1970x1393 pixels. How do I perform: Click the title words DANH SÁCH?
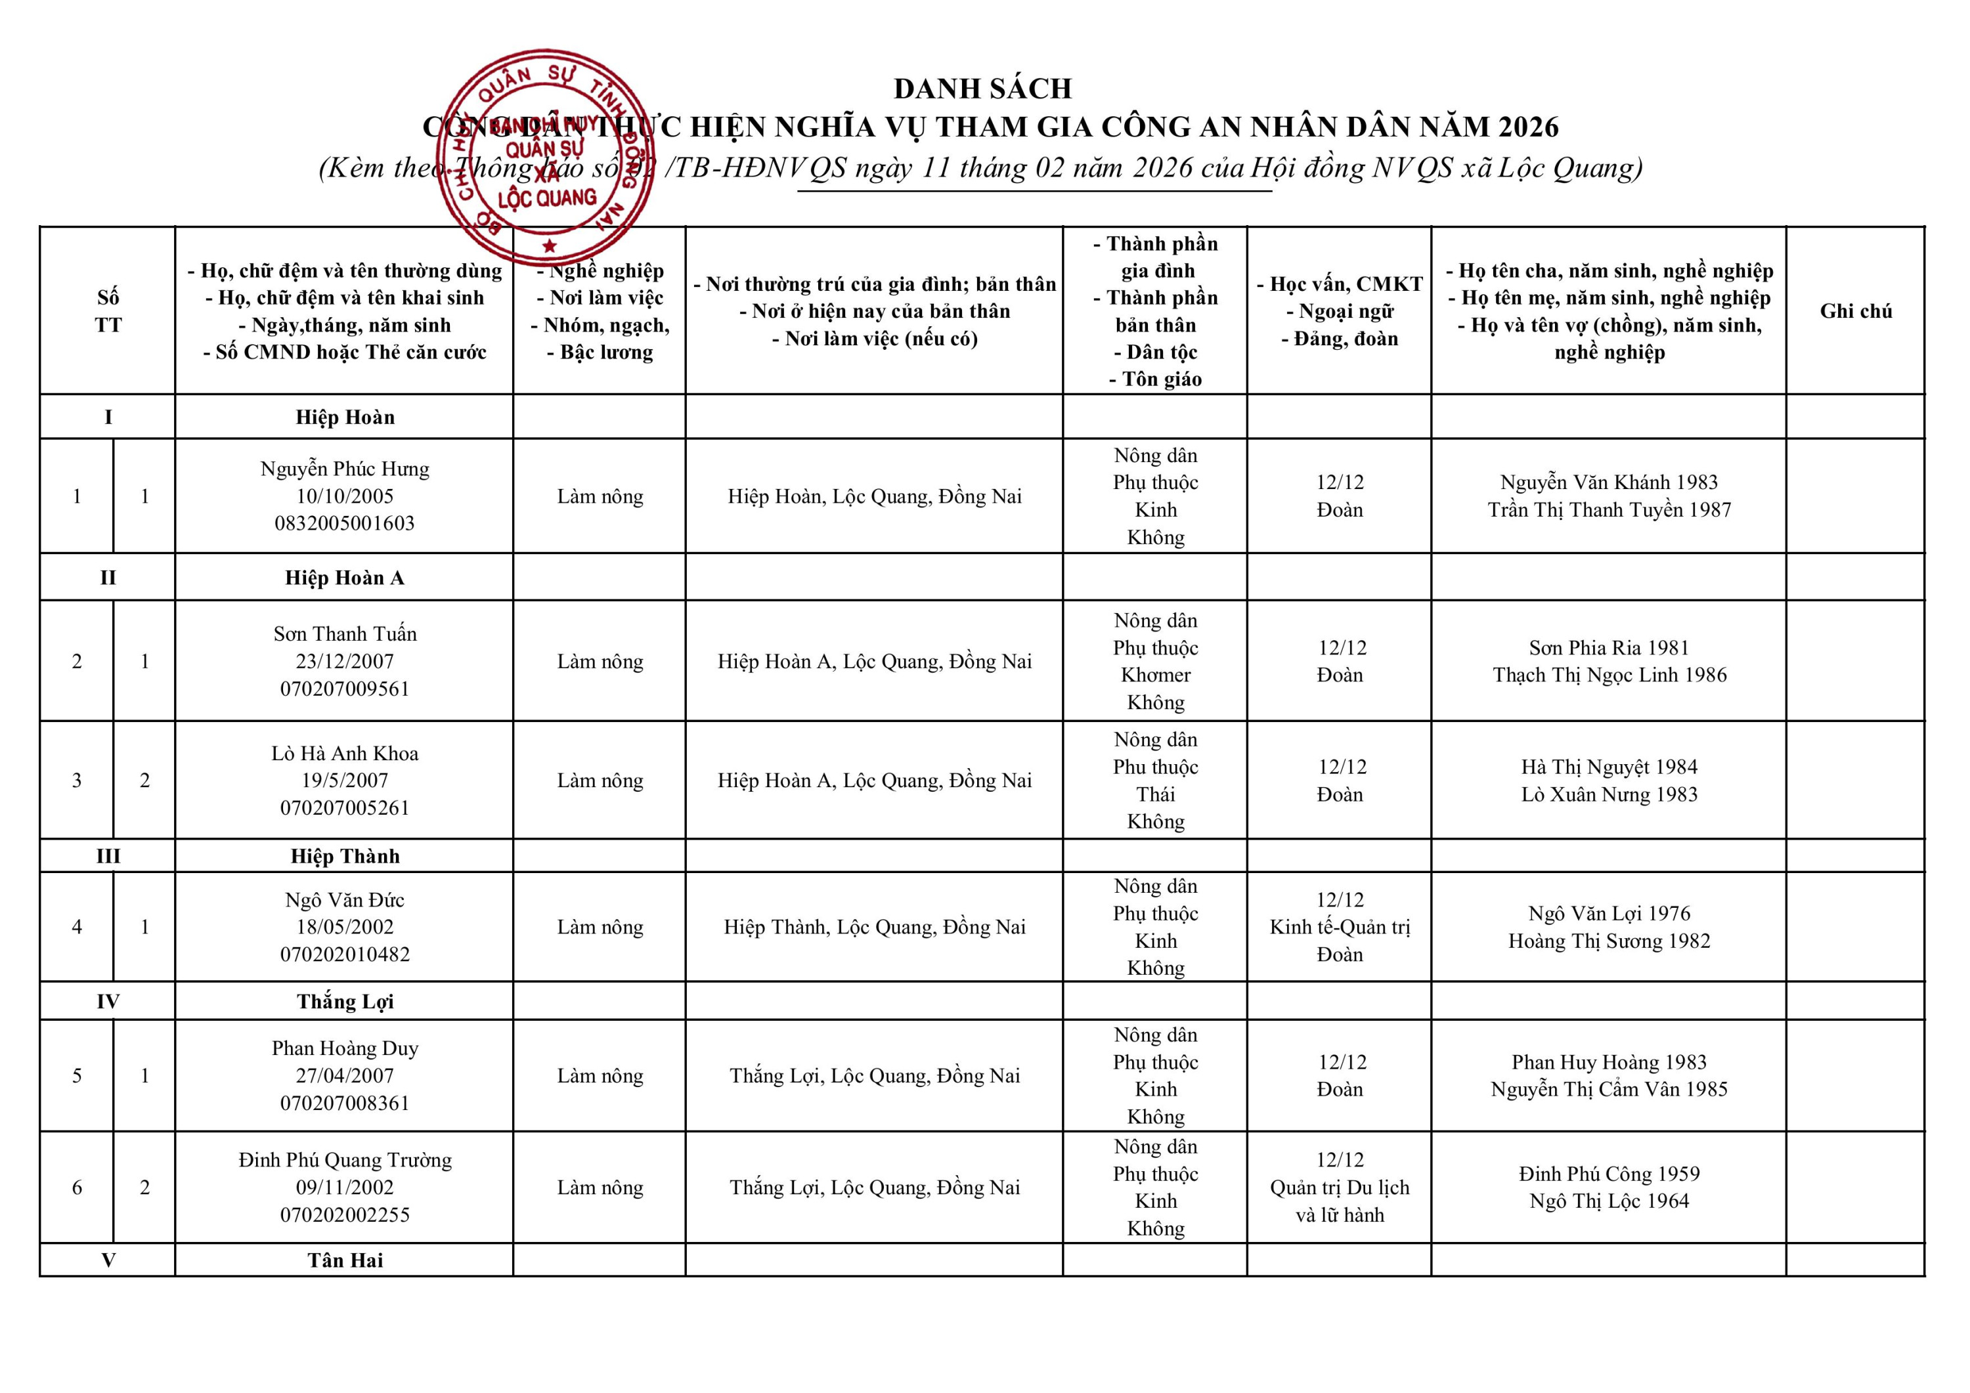coord(982,89)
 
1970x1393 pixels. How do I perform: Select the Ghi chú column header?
coord(1855,311)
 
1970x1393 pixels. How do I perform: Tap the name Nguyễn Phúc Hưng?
coord(345,469)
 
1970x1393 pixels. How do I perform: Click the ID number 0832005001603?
coord(345,523)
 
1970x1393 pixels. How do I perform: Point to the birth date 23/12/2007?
coord(345,661)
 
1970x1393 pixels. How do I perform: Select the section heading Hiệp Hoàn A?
coord(345,578)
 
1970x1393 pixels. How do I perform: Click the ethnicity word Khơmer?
coord(1155,675)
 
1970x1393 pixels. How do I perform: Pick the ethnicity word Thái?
coord(1155,794)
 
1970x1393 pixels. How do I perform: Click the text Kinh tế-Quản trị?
coord(1340,927)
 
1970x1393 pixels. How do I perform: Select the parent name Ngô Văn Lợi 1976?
coord(1609,914)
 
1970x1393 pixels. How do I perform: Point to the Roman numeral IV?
coord(108,1002)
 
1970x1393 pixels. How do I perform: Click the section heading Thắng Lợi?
coord(345,1002)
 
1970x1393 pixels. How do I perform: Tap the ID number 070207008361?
coord(345,1103)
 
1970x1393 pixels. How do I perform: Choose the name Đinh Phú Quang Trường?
coord(345,1161)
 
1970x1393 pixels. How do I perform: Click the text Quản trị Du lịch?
coord(1340,1188)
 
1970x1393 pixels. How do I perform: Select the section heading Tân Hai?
coord(345,1261)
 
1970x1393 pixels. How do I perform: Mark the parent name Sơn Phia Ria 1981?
coord(1609,649)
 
